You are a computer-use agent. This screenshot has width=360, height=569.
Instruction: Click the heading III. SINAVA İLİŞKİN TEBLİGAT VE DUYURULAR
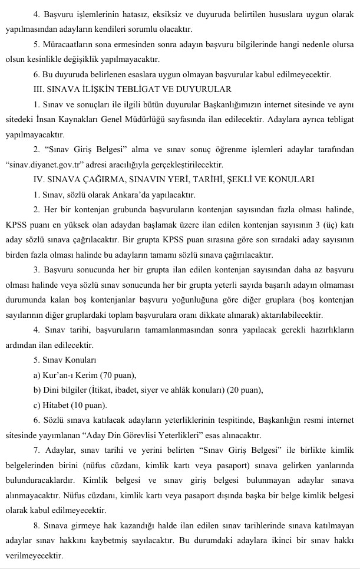[x=133, y=90]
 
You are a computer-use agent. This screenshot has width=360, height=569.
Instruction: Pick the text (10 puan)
[x=88, y=405]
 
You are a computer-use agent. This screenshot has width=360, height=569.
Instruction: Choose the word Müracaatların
[x=70, y=44]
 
